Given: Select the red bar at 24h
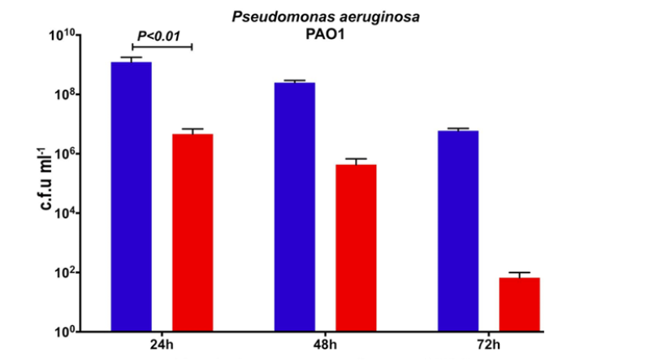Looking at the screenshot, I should click(192, 232).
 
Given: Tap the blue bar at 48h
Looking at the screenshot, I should click(295, 206).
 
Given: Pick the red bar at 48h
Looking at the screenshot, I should click(356, 248).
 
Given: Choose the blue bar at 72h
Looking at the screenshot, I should click(458, 231).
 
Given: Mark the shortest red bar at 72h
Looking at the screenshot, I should click(519, 305).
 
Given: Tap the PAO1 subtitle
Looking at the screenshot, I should click(322, 34).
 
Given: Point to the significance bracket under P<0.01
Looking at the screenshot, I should click(162, 46).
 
